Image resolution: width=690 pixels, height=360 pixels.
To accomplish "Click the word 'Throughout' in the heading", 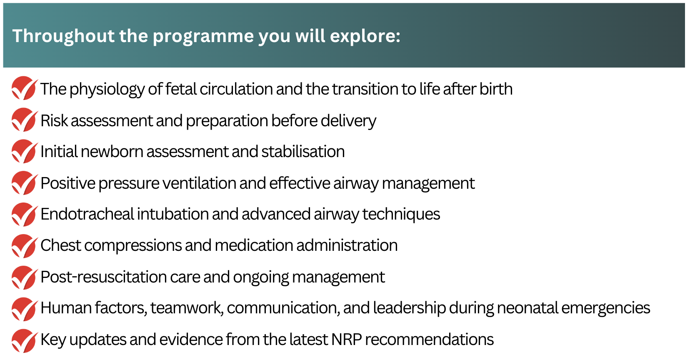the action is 63,36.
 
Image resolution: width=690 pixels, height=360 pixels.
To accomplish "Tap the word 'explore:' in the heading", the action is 365,36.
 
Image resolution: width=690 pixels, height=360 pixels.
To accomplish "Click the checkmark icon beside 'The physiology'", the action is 25,88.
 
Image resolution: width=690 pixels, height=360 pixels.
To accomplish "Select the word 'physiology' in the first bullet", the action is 107,89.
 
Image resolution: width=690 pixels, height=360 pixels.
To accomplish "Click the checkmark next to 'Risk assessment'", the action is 25,120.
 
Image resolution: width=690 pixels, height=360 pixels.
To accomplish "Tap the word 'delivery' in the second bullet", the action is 348,121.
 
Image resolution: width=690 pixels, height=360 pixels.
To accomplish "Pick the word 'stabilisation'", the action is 303,152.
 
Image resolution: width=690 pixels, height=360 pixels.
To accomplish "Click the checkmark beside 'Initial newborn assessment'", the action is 25,151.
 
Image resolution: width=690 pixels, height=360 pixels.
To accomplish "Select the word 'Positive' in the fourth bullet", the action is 68,183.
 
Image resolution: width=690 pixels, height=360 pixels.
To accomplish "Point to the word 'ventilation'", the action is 199,183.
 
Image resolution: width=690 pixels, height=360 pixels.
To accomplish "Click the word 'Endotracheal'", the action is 87,214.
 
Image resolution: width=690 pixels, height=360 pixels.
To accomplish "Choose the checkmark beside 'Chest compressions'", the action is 25,246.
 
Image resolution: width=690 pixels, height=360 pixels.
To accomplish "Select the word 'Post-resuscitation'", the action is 103,277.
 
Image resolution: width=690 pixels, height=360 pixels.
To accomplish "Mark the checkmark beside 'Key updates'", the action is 25,340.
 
